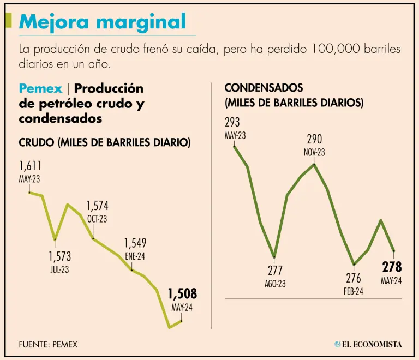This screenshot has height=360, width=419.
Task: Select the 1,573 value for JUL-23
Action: [59, 256]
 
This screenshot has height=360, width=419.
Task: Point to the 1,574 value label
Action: [97, 206]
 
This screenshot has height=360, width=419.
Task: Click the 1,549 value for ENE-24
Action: [135, 243]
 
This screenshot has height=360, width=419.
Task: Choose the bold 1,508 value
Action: [182, 295]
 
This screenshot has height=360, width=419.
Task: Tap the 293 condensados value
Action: [232, 123]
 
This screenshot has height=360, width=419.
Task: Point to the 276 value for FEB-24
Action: [354, 278]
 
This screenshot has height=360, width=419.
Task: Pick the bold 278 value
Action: [392, 267]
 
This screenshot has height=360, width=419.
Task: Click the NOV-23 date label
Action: [314, 153]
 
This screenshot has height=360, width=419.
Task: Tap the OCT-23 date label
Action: [97, 219]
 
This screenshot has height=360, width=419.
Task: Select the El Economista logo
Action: [368, 344]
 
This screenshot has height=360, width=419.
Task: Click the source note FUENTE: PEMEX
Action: [48, 344]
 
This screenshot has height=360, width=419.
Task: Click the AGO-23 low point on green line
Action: [274, 256]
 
